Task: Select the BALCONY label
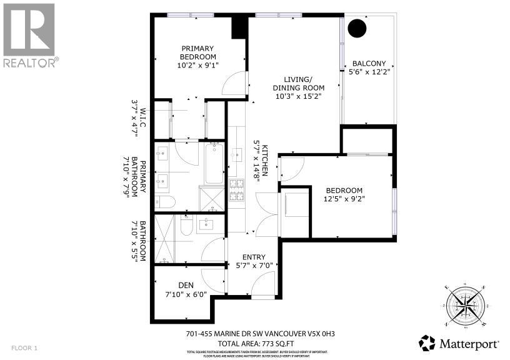coord(373,63)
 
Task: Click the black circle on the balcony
coord(357,27)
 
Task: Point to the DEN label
coord(186,284)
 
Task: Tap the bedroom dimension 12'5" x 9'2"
coord(353,199)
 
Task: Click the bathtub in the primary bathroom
coord(214,163)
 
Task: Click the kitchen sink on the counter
coord(237,154)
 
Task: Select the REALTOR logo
coord(29,34)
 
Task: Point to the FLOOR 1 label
coord(25,347)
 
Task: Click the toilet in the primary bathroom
coord(164,201)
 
